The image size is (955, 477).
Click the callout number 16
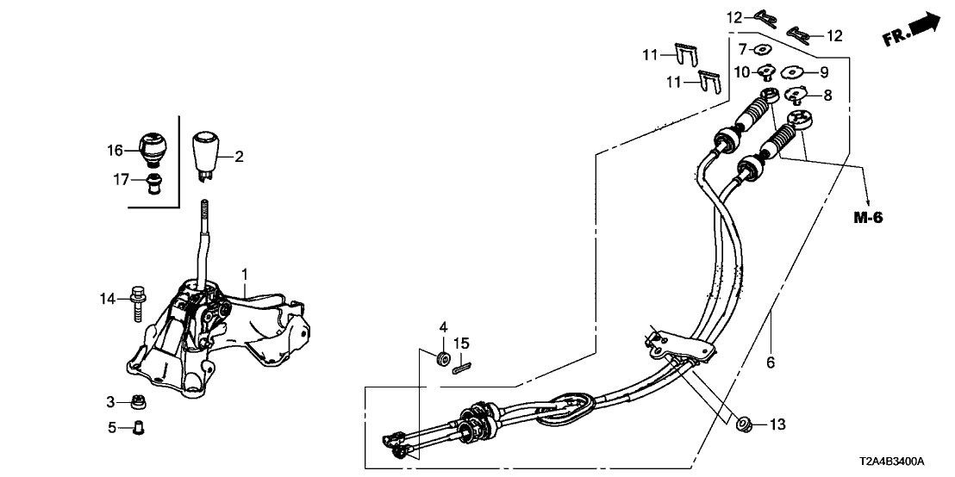pos(115,151)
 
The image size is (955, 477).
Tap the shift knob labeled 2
pos(205,156)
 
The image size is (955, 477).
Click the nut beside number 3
pos(140,402)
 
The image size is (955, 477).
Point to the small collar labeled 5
pos(138,428)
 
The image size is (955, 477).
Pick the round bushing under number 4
pos(443,358)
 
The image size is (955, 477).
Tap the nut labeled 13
pos(743,424)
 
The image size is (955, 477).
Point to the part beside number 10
pos(765,74)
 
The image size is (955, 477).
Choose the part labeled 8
pos(793,95)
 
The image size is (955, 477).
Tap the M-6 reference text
pos(867,218)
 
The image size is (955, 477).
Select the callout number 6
pos(770,363)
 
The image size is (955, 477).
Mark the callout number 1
pos(244,275)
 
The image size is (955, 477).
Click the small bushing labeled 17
pos(155,183)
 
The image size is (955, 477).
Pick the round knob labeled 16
pos(153,148)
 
